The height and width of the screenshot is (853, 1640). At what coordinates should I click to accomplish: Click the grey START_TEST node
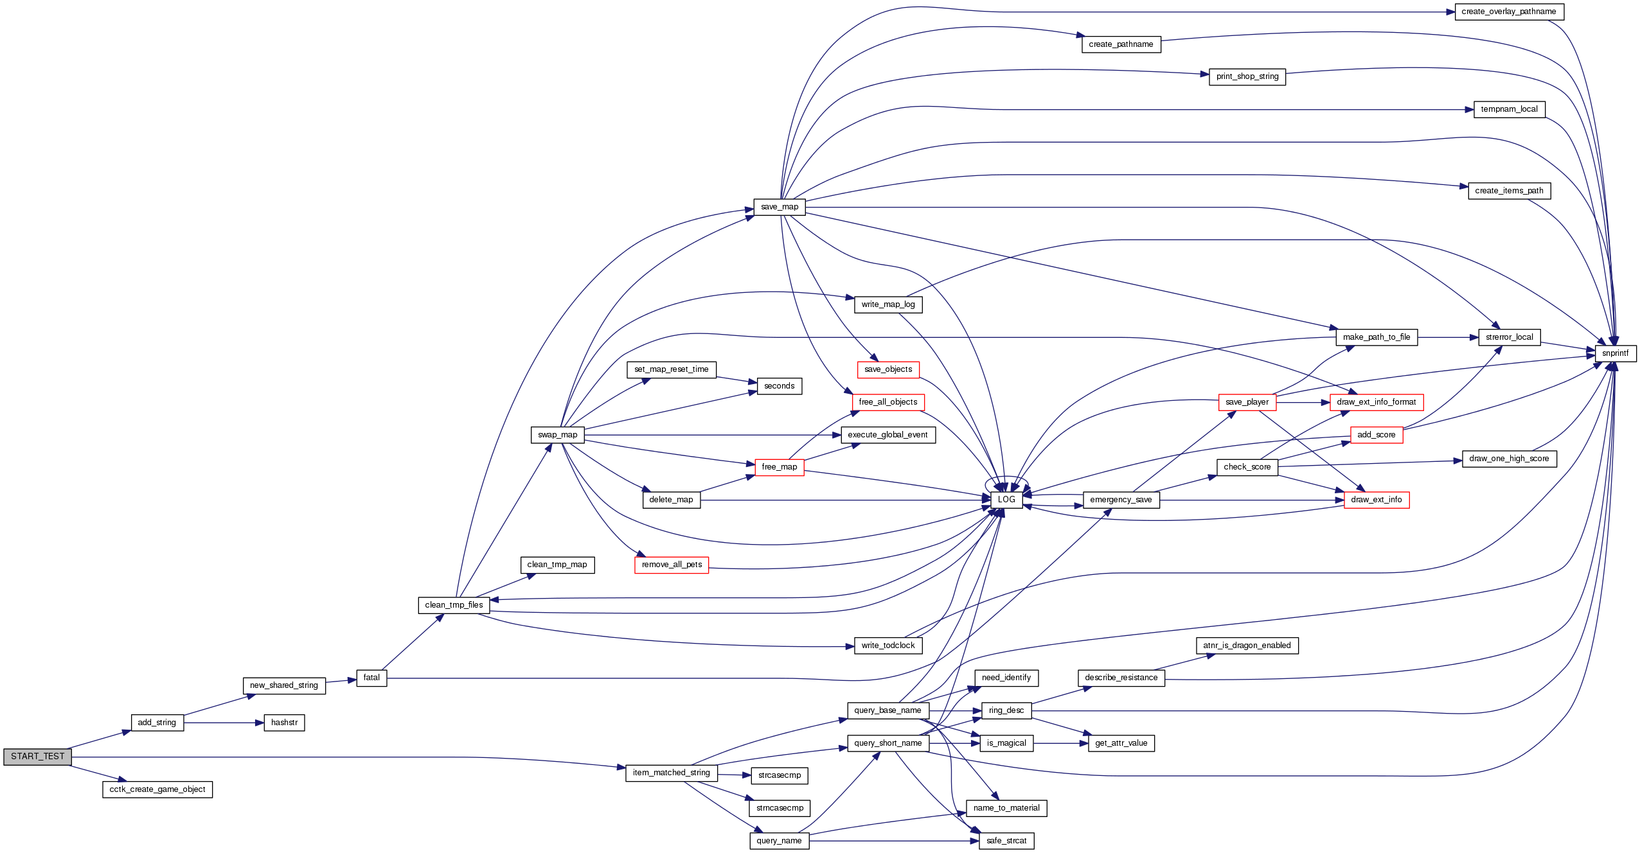[37, 757]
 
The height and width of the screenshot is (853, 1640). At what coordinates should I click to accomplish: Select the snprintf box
[1615, 353]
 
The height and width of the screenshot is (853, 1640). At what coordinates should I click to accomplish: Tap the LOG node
[1006, 500]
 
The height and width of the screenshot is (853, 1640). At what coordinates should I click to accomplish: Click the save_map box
[779, 207]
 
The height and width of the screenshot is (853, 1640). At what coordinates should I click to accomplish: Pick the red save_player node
[1247, 402]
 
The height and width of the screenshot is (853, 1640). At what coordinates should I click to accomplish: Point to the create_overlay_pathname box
[1508, 12]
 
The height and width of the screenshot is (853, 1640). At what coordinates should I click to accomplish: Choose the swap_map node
[557, 435]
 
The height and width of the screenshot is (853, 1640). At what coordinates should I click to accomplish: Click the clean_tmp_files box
[454, 605]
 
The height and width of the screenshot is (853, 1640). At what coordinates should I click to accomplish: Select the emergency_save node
[1121, 500]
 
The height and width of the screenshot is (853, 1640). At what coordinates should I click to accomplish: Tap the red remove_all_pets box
[672, 565]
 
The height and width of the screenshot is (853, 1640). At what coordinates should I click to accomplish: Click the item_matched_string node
[671, 773]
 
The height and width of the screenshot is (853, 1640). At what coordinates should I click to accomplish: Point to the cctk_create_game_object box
[157, 789]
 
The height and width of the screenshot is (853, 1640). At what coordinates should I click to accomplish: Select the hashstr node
[284, 723]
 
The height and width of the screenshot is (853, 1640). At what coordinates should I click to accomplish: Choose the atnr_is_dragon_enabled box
[1247, 646]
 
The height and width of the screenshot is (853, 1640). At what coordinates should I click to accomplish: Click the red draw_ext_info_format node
[1376, 402]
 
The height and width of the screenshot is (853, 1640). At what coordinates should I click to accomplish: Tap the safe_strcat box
[1006, 841]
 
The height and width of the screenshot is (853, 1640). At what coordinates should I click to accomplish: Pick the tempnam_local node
[1509, 109]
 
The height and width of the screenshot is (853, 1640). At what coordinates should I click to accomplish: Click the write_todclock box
[888, 646]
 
